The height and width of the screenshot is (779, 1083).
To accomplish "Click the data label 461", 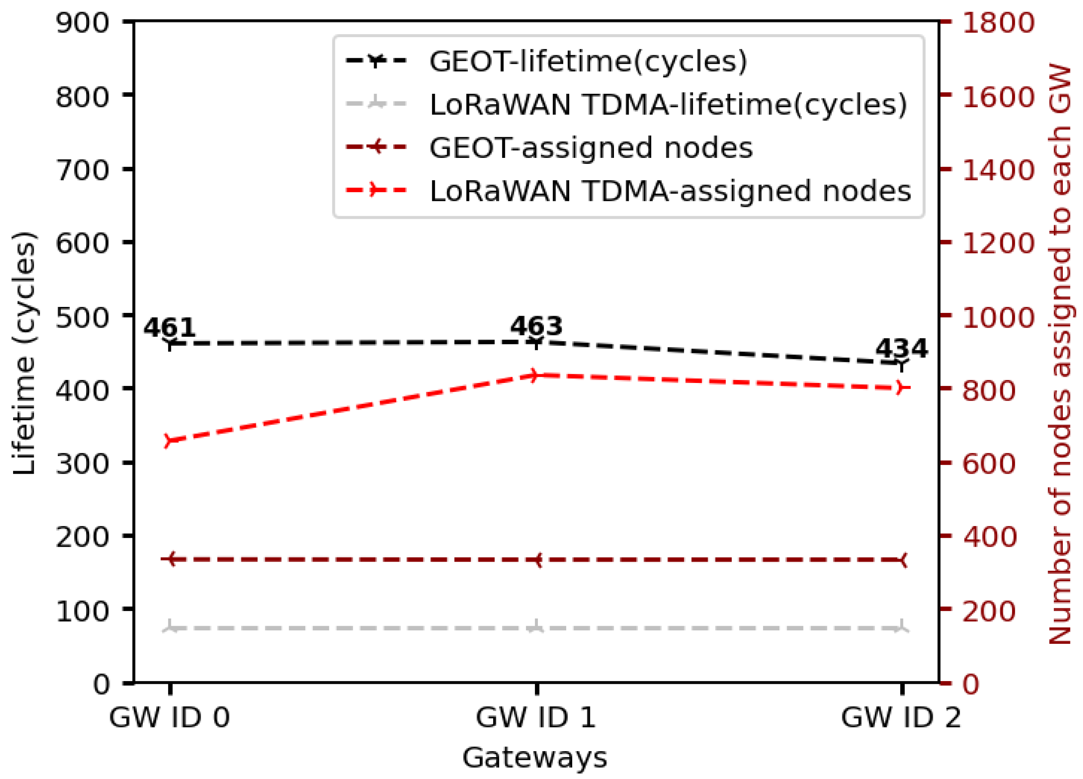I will [169, 328].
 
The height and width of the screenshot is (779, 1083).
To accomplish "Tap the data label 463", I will [536, 326].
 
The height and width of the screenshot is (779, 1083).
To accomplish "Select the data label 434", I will [901, 348].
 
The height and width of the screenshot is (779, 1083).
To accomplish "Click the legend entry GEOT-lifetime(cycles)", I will [588, 61].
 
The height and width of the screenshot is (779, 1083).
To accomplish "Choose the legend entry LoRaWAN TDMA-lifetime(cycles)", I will [668, 105].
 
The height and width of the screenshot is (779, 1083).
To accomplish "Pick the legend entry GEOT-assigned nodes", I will [591, 148].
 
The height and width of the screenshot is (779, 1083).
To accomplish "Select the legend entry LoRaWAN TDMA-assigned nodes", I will [670, 191].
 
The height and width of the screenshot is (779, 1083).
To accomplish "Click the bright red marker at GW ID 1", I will [536, 375].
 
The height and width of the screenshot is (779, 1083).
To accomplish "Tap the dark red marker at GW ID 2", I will [901, 560].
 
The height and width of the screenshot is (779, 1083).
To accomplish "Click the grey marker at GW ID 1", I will [536, 629].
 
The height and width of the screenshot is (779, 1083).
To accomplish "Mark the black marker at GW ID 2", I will [901, 364].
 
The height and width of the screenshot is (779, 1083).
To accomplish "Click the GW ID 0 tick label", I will [169, 717].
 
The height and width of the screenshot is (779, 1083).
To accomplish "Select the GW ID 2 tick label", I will [901, 717].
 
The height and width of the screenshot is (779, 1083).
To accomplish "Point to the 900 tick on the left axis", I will [83, 22].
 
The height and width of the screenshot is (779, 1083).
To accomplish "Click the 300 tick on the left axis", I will [83, 463].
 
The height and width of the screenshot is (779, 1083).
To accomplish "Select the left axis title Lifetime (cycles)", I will [24, 353].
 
